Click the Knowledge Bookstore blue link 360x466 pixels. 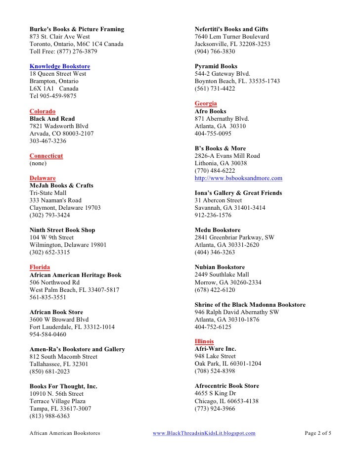(x=60, y=66)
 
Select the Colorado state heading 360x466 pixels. (x=43, y=111)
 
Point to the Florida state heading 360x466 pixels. (x=40, y=267)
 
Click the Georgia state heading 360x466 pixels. (x=206, y=103)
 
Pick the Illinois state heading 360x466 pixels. (x=204, y=341)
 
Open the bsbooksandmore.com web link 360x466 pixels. (x=238, y=178)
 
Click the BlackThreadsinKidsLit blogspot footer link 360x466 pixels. (x=204, y=433)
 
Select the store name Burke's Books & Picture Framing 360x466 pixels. (x=77, y=29)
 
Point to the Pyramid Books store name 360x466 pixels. (x=216, y=66)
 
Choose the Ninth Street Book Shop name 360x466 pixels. (x=62, y=230)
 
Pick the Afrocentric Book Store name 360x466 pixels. (x=227, y=386)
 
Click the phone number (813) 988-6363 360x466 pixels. (x=50, y=416)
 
